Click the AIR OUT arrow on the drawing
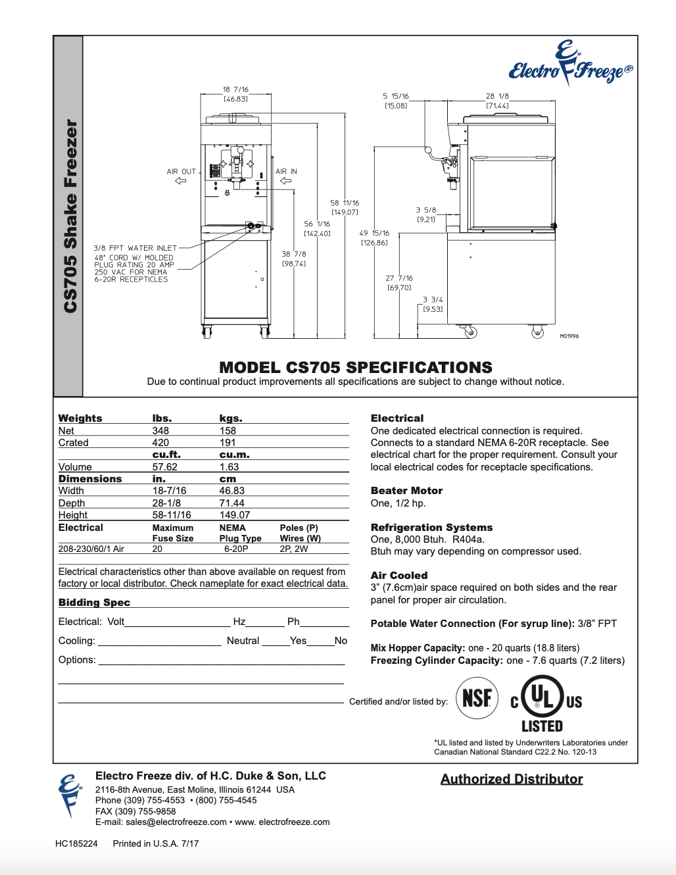[181, 181]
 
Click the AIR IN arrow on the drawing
[285, 181]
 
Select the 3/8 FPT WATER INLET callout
[135, 248]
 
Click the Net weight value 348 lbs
[160, 431]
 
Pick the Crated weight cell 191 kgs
[228, 443]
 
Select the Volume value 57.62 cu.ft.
[165, 467]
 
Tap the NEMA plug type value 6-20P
[236, 549]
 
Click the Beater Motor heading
[406, 491]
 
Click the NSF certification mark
[477, 697]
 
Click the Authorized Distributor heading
[512, 779]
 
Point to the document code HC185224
[76, 843]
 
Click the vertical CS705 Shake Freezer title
[70, 216]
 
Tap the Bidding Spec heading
[94, 603]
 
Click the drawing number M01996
[569, 336]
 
